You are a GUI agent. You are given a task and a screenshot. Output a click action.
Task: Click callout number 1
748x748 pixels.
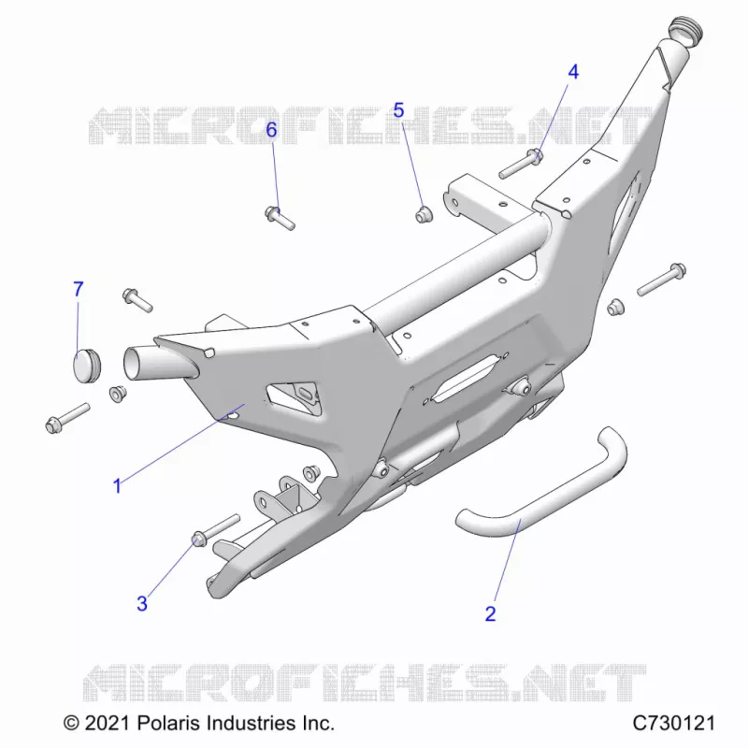click(117, 486)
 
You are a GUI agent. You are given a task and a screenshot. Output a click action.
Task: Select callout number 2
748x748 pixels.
click(490, 613)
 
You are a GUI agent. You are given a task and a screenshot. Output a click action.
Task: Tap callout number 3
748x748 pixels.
click(142, 604)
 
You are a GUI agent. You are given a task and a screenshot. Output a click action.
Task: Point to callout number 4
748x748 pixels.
click(573, 72)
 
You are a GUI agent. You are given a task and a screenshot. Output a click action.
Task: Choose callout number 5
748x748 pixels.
click(399, 110)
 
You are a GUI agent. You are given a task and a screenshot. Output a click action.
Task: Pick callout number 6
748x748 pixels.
click(271, 129)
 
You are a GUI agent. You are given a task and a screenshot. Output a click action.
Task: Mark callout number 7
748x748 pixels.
click(79, 289)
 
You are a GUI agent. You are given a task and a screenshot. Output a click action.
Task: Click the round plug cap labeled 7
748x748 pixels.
click(87, 365)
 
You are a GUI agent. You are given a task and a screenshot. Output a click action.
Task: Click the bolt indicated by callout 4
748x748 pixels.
click(521, 163)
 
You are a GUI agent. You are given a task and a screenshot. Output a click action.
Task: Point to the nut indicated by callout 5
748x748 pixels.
click(424, 214)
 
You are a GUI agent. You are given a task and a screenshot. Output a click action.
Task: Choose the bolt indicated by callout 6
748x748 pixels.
click(280, 218)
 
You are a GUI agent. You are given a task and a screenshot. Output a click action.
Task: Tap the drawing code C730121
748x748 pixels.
click(673, 723)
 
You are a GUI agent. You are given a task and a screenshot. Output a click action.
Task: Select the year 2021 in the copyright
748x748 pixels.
click(107, 723)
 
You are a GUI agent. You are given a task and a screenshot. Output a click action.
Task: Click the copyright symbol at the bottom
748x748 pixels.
click(72, 724)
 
